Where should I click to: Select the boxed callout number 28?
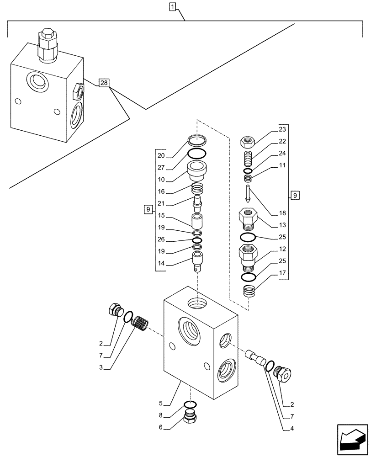104,83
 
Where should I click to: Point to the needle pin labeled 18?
247,194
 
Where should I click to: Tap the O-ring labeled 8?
191,404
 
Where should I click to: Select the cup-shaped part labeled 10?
197,170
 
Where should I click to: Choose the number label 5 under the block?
160,403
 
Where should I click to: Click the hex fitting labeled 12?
247,256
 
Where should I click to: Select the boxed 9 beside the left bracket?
147,210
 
